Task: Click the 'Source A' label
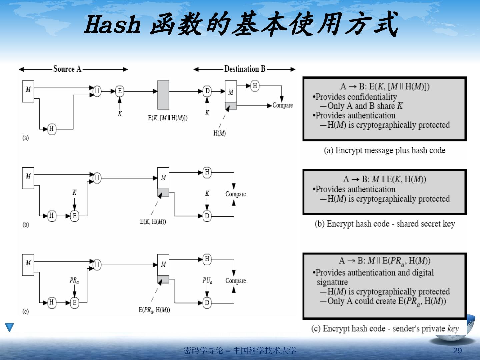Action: point(67,69)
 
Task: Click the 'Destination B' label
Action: point(245,69)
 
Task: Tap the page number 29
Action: point(458,350)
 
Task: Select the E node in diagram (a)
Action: point(120,91)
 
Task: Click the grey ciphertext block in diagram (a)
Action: point(163,95)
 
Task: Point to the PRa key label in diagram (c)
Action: point(74,281)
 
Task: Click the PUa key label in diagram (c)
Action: point(207,281)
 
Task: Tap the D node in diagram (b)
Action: point(207,216)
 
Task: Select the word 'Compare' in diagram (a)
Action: point(282,105)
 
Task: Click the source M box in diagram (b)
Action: point(28,178)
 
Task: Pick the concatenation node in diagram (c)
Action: point(97,265)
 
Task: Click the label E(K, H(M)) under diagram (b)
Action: point(153,222)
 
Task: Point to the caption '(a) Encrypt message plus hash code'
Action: point(384,150)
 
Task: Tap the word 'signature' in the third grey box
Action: point(332,282)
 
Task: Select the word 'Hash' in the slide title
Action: point(112,25)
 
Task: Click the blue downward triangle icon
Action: point(10,327)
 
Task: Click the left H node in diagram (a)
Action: point(52,129)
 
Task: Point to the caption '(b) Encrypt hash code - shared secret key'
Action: point(385,224)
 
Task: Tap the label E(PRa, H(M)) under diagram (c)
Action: point(154,310)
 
